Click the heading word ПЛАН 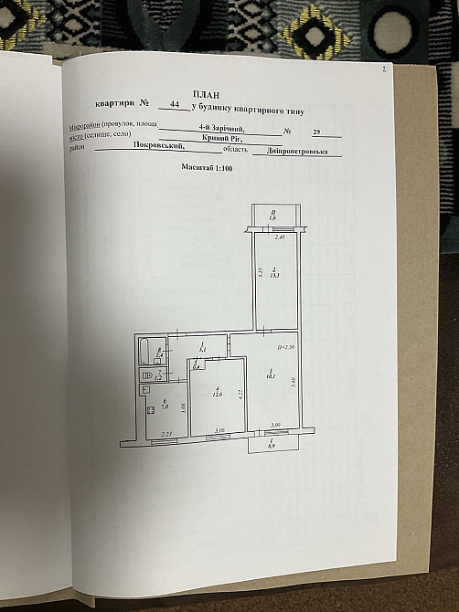point(206,93)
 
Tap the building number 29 point(316,132)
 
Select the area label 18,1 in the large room point(272,373)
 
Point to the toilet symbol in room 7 point(146,375)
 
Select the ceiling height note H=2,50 point(284,348)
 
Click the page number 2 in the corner point(384,69)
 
